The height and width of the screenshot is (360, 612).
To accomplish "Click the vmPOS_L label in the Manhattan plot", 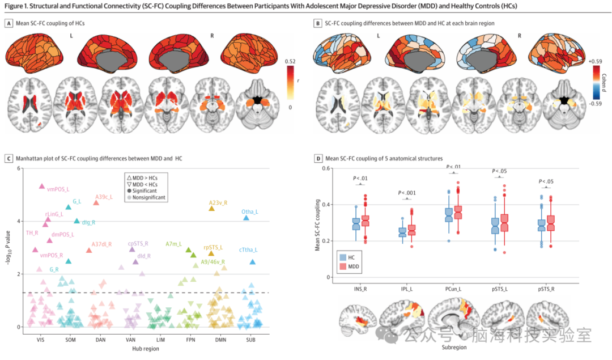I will [58, 189].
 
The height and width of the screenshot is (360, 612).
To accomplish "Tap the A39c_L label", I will [104, 197].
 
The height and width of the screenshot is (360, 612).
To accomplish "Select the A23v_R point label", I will [218, 202].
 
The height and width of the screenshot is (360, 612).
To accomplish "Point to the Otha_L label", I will [250, 211].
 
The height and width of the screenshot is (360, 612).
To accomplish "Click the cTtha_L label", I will [248, 249].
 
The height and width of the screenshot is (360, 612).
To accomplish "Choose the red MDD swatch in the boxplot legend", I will [343, 266].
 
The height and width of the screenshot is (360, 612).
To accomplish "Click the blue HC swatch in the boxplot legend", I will [343, 257].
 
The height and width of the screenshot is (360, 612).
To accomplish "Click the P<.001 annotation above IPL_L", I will [407, 193].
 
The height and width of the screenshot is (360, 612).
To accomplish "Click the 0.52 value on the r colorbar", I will [291, 61].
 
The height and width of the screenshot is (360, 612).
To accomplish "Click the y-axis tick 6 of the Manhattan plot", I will [19, 168].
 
